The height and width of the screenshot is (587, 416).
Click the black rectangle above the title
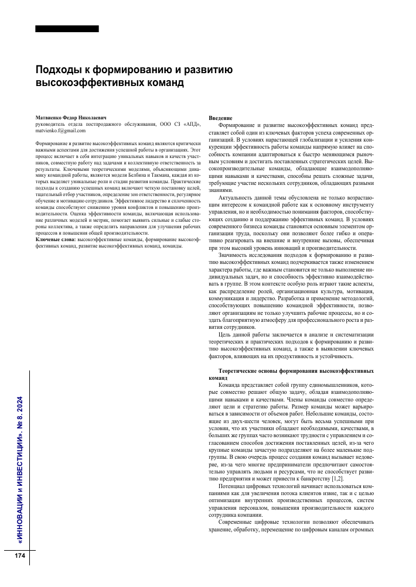[x=67, y=29]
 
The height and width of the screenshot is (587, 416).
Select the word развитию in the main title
[x=209, y=71]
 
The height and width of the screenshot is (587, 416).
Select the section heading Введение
[x=220, y=118]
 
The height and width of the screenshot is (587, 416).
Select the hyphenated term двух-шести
[x=241, y=421]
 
